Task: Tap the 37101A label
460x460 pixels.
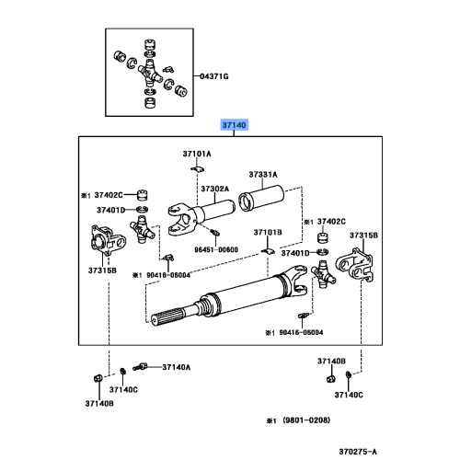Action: pos(195,153)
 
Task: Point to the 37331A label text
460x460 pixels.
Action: pos(262,174)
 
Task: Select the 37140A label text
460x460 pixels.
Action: pos(176,367)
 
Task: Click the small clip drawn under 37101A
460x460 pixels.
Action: pos(196,169)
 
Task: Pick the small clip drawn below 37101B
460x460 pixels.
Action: pos(265,251)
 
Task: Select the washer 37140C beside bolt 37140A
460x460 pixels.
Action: pos(122,372)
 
